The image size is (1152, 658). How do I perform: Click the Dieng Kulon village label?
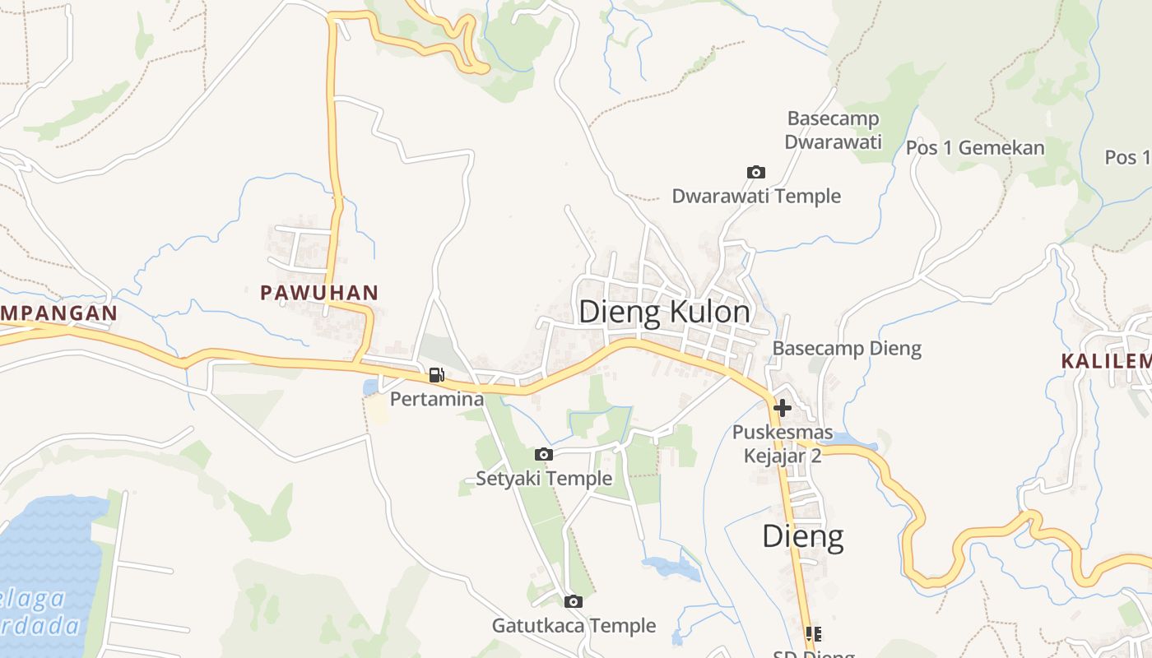pyautogui.click(x=664, y=313)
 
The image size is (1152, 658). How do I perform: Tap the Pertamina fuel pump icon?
pyautogui.click(x=436, y=376)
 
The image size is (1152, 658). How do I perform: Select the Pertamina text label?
pyautogui.click(x=436, y=400)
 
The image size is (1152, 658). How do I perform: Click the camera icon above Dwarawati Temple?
pyautogui.click(x=755, y=172)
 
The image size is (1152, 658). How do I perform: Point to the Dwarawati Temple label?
pyautogui.click(x=756, y=196)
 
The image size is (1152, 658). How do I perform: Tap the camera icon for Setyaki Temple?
pyautogui.click(x=543, y=454)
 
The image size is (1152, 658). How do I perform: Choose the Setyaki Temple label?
pyautogui.click(x=544, y=479)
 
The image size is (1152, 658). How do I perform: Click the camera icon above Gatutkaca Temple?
pyautogui.click(x=574, y=601)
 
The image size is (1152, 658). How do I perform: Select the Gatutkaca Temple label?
pyautogui.click(x=574, y=626)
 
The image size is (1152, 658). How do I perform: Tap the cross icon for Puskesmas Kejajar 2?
pyautogui.click(x=782, y=407)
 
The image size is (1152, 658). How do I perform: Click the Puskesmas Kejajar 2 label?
pyautogui.click(x=783, y=444)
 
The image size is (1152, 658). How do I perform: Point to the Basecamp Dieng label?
pyautogui.click(x=847, y=349)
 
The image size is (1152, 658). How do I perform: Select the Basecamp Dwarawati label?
pyautogui.click(x=833, y=130)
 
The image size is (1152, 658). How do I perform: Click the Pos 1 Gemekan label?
pyautogui.click(x=975, y=148)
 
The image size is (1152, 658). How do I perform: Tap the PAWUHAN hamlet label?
pyautogui.click(x=319, y=292)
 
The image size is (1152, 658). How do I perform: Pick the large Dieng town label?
pyautogui.click(x=802, y=536)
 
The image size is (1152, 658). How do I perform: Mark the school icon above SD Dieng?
pyautogui.click(x=814, y=633)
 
